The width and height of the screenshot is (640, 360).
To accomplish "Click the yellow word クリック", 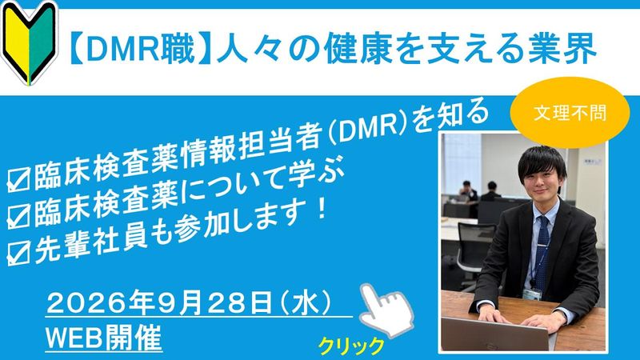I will click(351, 346).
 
